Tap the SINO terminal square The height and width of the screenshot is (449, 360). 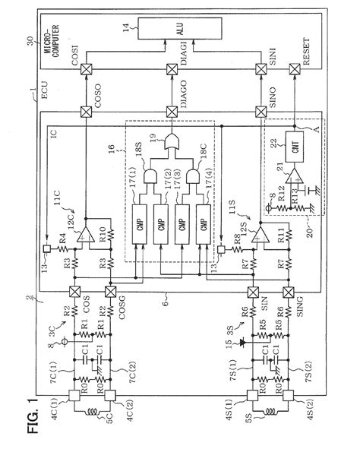[251, 114]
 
